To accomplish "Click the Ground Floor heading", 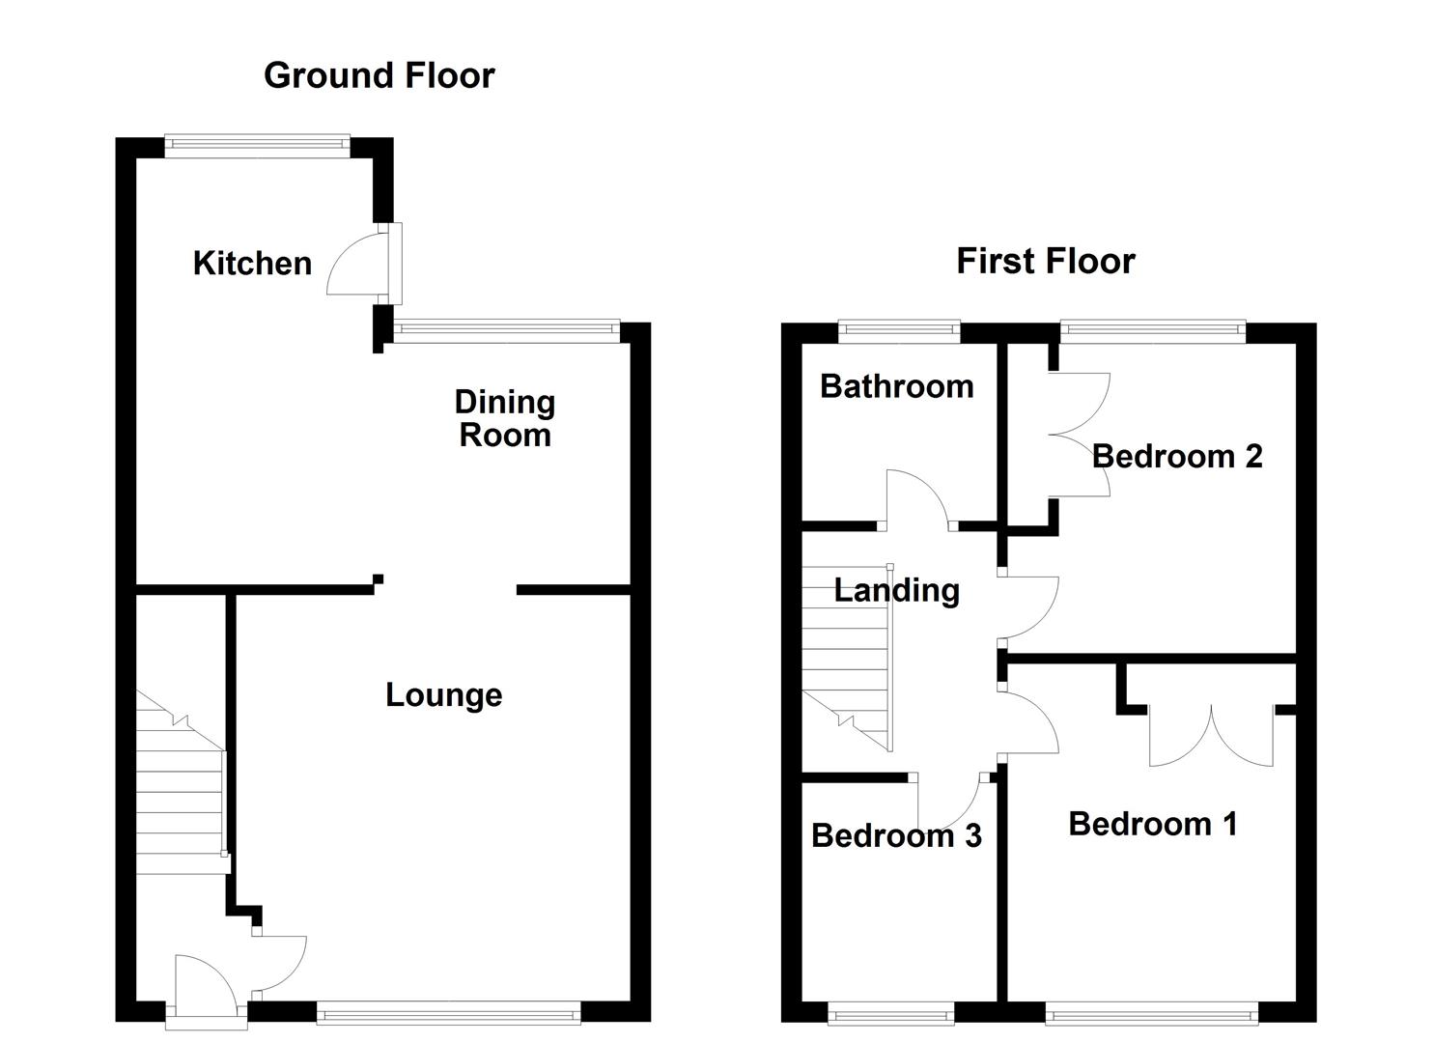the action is tap(379, 75).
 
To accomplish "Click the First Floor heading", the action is tap(1046, 261).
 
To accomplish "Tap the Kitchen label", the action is tap(252, 263).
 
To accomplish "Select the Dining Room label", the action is tap(505, 419).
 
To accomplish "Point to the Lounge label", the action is tap(443, 695).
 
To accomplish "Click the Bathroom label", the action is tap(897, 386).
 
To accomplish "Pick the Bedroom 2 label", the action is tap(1176, 457).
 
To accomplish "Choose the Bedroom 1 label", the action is tap(1153, 824).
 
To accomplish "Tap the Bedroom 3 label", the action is tap(896, 835).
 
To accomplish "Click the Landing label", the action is tap(896, 591).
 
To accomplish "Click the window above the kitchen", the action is tap(258, 146).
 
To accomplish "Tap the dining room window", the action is tap(506, 330).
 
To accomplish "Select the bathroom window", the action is tap(899, 331).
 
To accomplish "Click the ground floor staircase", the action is tap(182, 782).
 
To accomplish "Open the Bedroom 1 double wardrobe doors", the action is tap(1211, 735).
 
